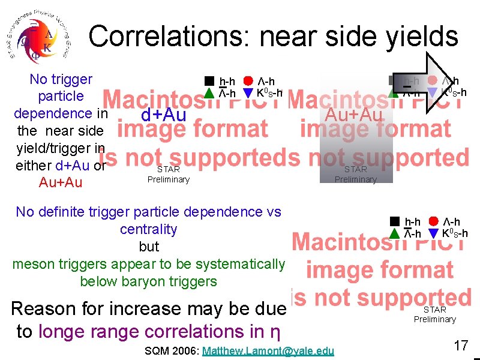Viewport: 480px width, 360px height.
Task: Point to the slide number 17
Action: [x=461, y=346]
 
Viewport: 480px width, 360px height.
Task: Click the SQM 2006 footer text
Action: [x=172, y=350]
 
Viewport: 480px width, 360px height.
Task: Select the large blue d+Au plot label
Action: [x=163, y=115]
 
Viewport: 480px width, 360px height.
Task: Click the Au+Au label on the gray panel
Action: [x=353, y=114]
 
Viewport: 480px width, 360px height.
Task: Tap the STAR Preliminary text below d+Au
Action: [x=168, y=175]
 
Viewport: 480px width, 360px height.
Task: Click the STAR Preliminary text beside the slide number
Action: [x=435, y=314]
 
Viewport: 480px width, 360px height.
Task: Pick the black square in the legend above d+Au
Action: [x=208, y=81]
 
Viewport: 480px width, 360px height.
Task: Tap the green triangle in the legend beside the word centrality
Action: [x=394, y=233]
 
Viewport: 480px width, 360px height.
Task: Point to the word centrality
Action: [x=149, y=229]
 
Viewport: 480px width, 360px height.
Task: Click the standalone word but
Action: [x=149, y=247]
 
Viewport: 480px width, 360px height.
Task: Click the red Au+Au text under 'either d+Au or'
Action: [x=60, y=182]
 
